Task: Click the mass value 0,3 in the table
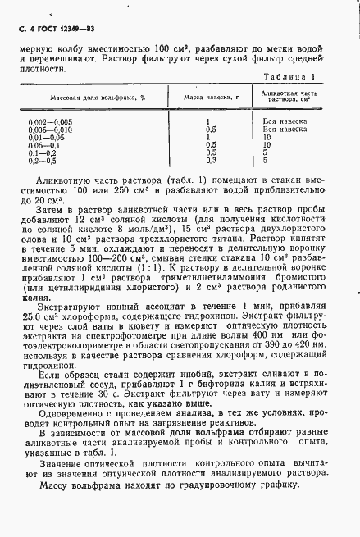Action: coord(211,160)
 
